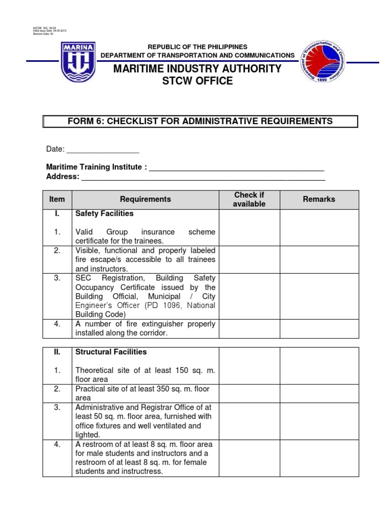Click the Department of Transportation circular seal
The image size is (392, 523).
coord(322,63)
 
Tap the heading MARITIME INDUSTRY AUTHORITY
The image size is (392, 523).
coord(198,69)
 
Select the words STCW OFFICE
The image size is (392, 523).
coord(198,81)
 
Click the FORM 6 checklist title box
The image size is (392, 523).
coord(201,121)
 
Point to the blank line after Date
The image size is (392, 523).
coord(103,150)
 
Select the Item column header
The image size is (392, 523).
coord(57,199)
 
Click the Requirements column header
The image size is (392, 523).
coord(145,199)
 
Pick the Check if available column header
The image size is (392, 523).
coord(249,200)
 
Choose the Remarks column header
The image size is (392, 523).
coord(319,199)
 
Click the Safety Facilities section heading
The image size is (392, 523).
coord(104,213)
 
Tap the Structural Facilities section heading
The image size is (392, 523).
coord(111,352)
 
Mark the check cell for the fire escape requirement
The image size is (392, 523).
coord(249,259)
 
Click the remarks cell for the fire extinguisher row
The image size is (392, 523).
coord(319,328)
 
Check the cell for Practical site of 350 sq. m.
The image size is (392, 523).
coord(249,393)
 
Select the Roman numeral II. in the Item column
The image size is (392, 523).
coord(57,352)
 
